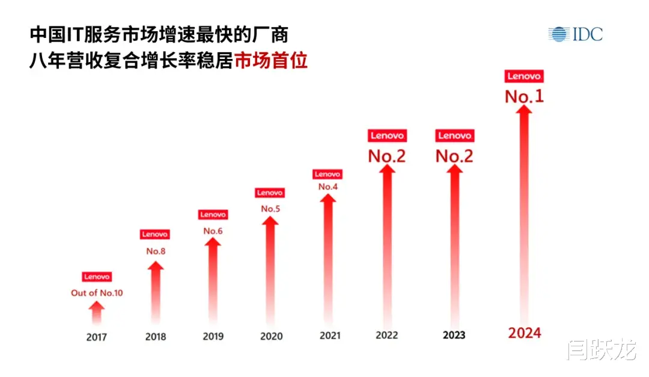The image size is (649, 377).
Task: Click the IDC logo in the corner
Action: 575,34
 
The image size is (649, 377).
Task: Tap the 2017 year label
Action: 96,337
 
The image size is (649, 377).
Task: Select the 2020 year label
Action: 271,336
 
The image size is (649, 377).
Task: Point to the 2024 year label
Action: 525,333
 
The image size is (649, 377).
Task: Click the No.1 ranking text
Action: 524,96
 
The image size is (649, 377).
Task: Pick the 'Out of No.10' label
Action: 97,293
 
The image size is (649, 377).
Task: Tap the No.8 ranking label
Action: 156,251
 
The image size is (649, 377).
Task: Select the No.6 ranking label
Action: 213,231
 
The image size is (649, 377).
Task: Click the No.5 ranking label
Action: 270,209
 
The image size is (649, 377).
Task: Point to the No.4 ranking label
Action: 328,186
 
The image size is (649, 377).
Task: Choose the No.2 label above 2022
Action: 387,156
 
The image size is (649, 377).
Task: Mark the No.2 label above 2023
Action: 454,156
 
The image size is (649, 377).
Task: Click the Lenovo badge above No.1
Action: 525,76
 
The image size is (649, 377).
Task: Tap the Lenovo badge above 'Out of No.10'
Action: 97,277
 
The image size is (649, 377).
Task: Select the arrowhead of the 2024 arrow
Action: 525,113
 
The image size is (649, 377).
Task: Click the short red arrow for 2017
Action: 97,313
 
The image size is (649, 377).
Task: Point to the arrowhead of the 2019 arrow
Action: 213,243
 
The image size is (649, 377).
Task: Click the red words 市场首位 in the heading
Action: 271,61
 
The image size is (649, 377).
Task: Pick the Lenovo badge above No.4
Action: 328,174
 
